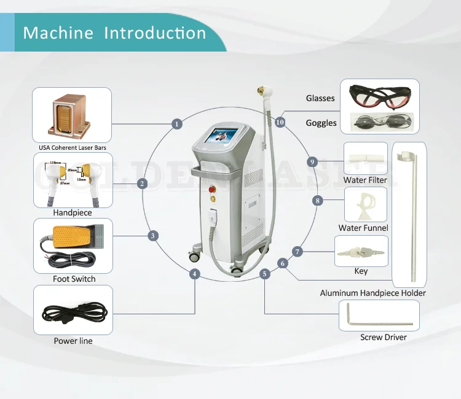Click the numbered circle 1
coord(177,124)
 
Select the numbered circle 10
coord(280,122)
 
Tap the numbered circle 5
coord(265,274)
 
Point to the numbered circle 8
coord(318,201)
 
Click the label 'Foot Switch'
coord(74,279)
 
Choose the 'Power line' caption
coord(73,341)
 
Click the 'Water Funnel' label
coord(363,228)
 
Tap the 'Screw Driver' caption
coord(384,337)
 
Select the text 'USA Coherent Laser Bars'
coord(73,148)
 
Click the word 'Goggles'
coord(321,123)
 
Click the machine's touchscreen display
coord(223,136)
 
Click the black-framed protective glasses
coord(376,96)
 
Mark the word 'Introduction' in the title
coord(155,33)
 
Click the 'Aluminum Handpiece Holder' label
coord(373,293)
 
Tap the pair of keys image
coord(361,252)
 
